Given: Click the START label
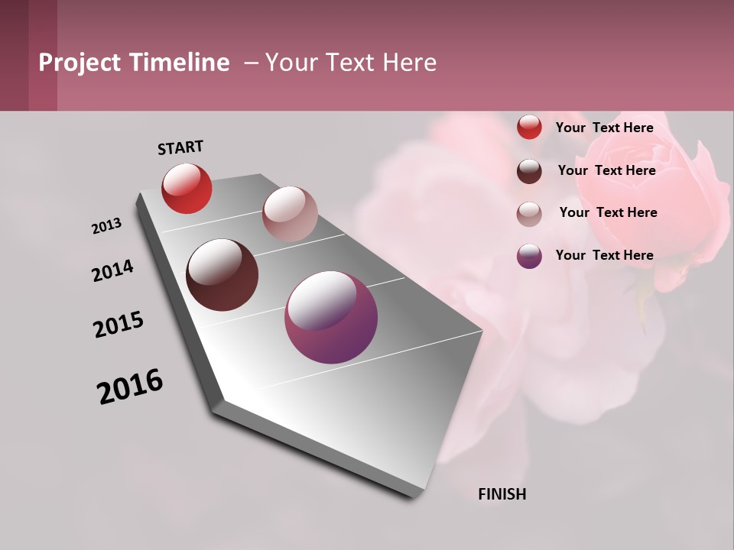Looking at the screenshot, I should pos(180,147).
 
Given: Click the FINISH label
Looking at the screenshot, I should pos(502,494).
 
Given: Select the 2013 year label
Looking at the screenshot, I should pos(107,226).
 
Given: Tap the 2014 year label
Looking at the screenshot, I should pos(113,270).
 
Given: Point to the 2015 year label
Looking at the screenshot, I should pos(119,324).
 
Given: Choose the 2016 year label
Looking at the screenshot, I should pos(130,386).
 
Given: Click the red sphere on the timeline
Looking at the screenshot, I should pos(187,188).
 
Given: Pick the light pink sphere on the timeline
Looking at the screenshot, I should pos(290,214).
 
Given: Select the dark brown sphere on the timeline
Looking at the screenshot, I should pos(222,275).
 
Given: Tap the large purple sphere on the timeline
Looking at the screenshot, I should pos(331,317).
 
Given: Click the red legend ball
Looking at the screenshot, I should pos(529,128).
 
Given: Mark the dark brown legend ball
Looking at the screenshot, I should pos(529,171).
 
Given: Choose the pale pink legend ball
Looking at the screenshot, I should pos(529,214).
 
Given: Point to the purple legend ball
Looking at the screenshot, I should pos(529,256).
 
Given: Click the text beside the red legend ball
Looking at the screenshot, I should pos(604,128).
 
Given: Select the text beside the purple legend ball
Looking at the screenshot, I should pos(604,255).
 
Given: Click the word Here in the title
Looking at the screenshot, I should pos(409,63).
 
